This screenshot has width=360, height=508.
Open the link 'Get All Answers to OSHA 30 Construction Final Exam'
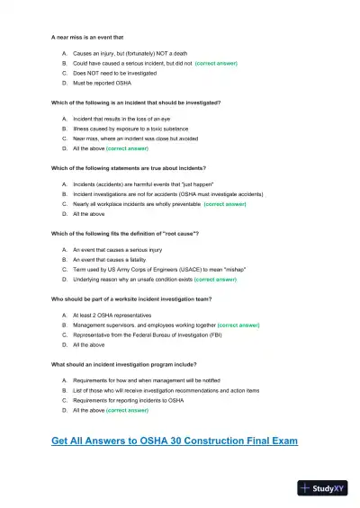point(175,441)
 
